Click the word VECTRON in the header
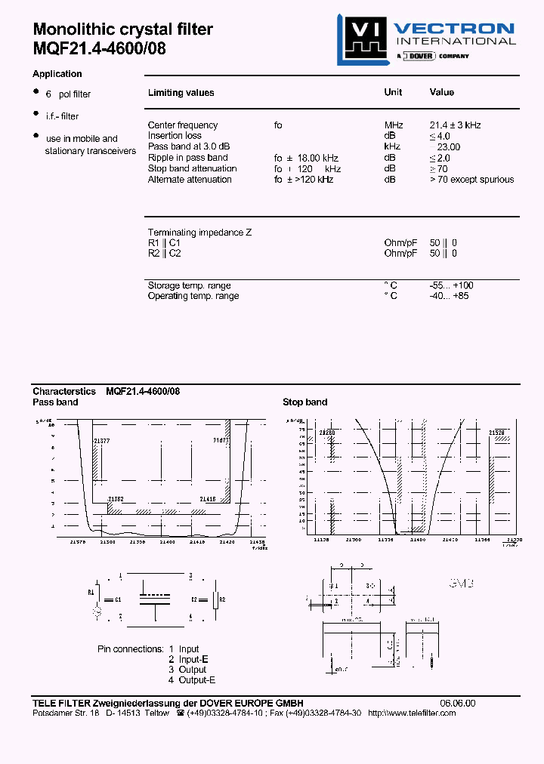click(x=454, y=29)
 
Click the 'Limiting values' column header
click(x=181, y=93)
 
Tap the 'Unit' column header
click(x=393, y=92)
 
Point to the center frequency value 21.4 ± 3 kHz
click(x=455, y=125)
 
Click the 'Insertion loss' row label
click(x=175, y=136)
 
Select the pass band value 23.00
click(x=448, y=147)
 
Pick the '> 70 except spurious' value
click(x=471, y=180)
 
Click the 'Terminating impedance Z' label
click(x=199, y=233)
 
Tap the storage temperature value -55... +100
click(x=451, y=285)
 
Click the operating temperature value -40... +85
click(x=449, y=296)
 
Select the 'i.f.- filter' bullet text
click(x=62, y=116)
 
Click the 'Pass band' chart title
click(x=55, y=402)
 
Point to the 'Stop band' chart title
click(x=304, y=402)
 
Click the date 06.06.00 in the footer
click(x=458, y=703)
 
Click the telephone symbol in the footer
click(x=180, y=713)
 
